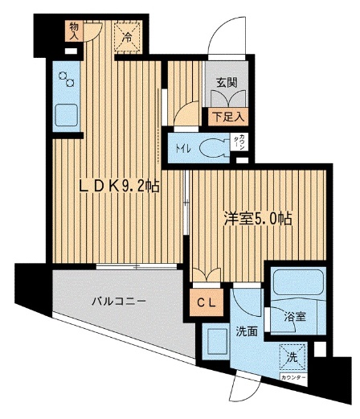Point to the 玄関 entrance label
pos(225,81)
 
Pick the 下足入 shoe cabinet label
pos(226,117)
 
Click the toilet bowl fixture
pos(211,147)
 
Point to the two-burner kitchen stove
pos(65,82)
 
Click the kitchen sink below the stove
pos(65,116)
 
